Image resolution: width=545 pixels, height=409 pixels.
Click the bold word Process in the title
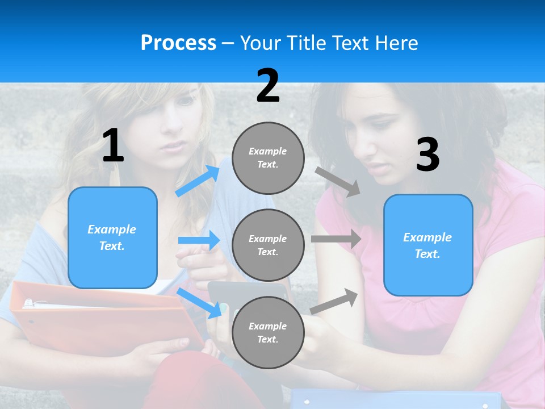coord(178,43)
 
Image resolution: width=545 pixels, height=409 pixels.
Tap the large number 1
coord(113,146)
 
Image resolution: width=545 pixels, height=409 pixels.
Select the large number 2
coord(268,86)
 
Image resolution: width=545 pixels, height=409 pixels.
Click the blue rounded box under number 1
coord(112,237)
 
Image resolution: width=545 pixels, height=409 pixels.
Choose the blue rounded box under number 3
coord(428,245)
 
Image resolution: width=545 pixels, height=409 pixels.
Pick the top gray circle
coord(268,158)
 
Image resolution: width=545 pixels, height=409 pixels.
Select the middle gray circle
coord(268,245)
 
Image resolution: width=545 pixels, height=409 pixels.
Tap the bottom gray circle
coord(268,332)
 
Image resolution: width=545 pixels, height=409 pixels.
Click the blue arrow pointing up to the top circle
coord(198,181)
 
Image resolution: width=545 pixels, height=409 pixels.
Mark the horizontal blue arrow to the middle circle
coord(199,240)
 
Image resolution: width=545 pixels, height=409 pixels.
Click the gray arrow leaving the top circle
coord(338,182)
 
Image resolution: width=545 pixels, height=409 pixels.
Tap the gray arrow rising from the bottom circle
coord(334,301)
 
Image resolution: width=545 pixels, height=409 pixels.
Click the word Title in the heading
coord(308,43)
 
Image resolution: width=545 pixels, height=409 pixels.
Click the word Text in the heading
coord(351,43)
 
